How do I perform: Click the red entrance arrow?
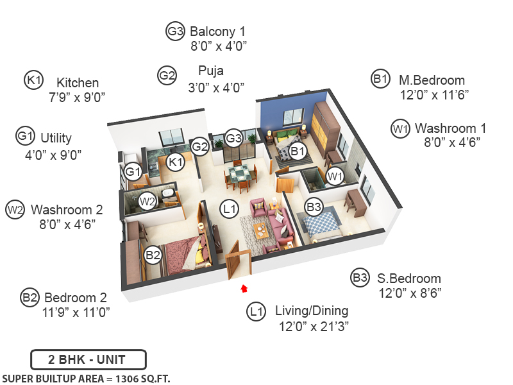point(244,289)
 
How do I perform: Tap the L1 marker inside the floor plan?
point(228,208)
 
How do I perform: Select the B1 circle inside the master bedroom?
point(296,151)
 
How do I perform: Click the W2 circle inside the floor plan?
point(147,201)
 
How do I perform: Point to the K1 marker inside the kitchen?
point(175,162)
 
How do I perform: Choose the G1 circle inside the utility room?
point(133,171)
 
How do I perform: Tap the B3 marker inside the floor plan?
point(314,207)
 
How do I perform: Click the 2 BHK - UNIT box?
point(88,359)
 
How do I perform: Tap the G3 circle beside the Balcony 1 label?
point(175,31)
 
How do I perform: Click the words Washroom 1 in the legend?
point(445,128)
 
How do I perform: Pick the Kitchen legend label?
point(78,83)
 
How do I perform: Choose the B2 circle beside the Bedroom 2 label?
point(29,297)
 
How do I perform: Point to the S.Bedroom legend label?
point(408,278)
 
